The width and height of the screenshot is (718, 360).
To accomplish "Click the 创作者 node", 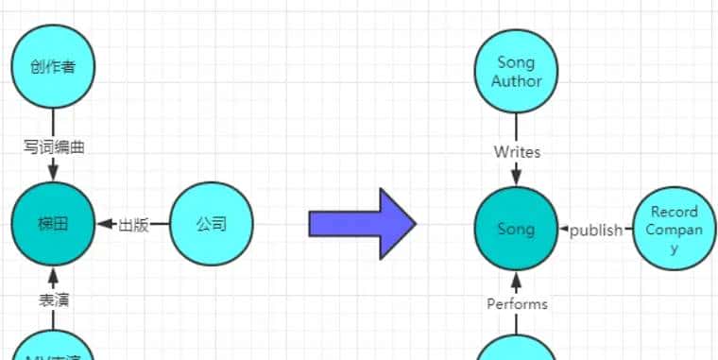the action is pos(53,66).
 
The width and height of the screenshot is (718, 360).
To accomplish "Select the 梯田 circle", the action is pos(53,225).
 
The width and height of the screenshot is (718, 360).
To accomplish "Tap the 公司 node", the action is pos(211,225).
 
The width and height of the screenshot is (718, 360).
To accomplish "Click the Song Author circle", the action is pos(517,72).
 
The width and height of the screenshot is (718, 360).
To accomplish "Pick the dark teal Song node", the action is pos(516,230).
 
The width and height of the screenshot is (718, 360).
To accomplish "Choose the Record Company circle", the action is pos(675,230).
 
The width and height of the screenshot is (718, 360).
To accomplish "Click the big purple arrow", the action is pos(363,224).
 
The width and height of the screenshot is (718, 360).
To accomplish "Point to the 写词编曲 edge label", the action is pos(54,146).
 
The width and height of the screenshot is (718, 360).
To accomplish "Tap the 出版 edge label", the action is pos(133,225).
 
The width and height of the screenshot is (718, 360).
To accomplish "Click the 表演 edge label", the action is pos(54,300).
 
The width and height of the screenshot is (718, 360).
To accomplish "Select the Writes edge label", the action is pos(517,151).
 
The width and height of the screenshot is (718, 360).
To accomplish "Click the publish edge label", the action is pos(596,230).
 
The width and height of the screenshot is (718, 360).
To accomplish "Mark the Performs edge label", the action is pos(517,303).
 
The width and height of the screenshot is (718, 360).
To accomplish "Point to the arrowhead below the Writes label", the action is pos(517,177).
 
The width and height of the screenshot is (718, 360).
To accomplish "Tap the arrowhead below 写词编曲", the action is pos(54,173).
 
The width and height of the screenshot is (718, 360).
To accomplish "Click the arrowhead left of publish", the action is pos(564,230).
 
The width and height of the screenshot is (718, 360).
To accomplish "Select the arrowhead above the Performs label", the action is pos(517,281).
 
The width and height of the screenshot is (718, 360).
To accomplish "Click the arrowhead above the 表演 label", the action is pos(54,276).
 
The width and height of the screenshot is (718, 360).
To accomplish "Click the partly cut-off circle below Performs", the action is pos(517,350).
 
